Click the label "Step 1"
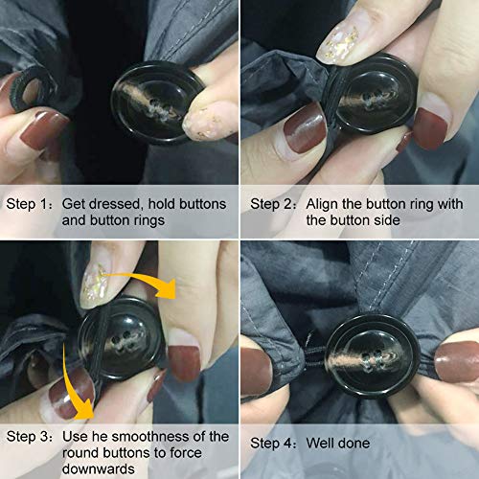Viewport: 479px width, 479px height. [x=27, y=204]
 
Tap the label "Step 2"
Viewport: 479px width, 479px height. [x=271, y=204]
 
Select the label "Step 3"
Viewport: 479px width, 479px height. [x=27, y=436]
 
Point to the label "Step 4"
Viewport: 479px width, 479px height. [x=271, y=443]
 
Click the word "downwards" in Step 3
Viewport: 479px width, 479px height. [x=99, y=468]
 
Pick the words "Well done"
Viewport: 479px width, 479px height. [x=338, y=443]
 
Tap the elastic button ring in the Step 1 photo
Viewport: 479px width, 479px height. [x=32, y=91]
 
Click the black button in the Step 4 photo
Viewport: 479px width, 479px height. [x=373, y=356]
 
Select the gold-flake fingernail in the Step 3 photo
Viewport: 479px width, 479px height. [x=96, y=285]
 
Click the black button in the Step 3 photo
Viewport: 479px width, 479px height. [x=122, y=338]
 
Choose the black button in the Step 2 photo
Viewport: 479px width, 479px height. [x=371, y=94]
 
